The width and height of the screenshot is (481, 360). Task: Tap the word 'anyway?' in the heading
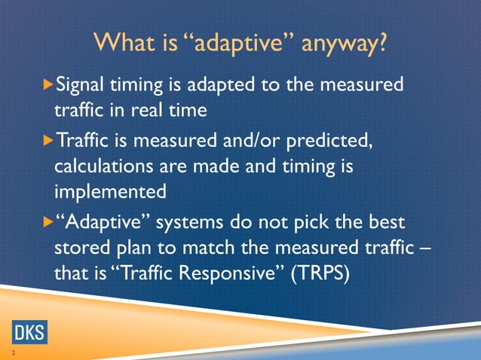(345, 44)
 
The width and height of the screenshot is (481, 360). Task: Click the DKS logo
(29, 331)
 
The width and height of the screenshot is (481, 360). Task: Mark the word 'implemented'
(110, 191)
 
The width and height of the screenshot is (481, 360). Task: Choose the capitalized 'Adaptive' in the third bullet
(101, 222)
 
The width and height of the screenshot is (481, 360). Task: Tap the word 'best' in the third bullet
(384, 222)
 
